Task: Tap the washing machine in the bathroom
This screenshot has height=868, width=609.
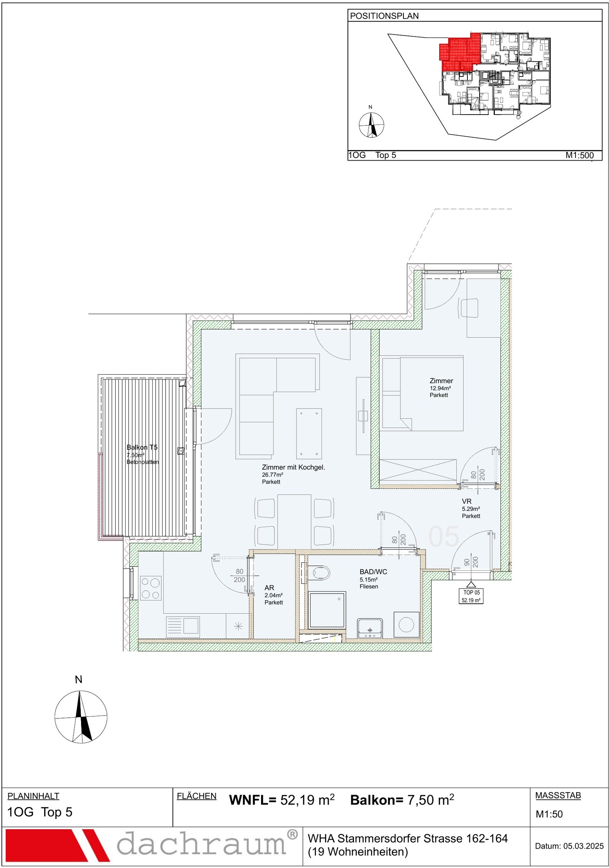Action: coord(407,625)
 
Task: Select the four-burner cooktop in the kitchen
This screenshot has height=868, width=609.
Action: coord(151,588)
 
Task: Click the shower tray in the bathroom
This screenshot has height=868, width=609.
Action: coord(327,610)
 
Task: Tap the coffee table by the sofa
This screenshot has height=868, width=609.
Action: coord(309,434)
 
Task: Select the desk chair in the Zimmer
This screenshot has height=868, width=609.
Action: coord(469,308)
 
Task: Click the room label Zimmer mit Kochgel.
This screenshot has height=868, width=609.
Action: coord(293,467)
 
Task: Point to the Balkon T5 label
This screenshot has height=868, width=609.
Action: coord(142,447)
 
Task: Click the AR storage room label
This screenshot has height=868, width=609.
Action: coord(269,588)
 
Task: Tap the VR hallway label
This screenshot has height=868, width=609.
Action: coord(467,501)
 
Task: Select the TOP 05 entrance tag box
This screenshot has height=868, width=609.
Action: coord(471,596)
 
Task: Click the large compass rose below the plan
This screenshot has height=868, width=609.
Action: coord(81,716)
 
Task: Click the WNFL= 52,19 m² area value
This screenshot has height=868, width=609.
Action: coord(282,800)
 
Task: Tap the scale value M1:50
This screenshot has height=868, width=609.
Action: coord(549,814)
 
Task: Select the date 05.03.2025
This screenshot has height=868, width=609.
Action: coord(583,846)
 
